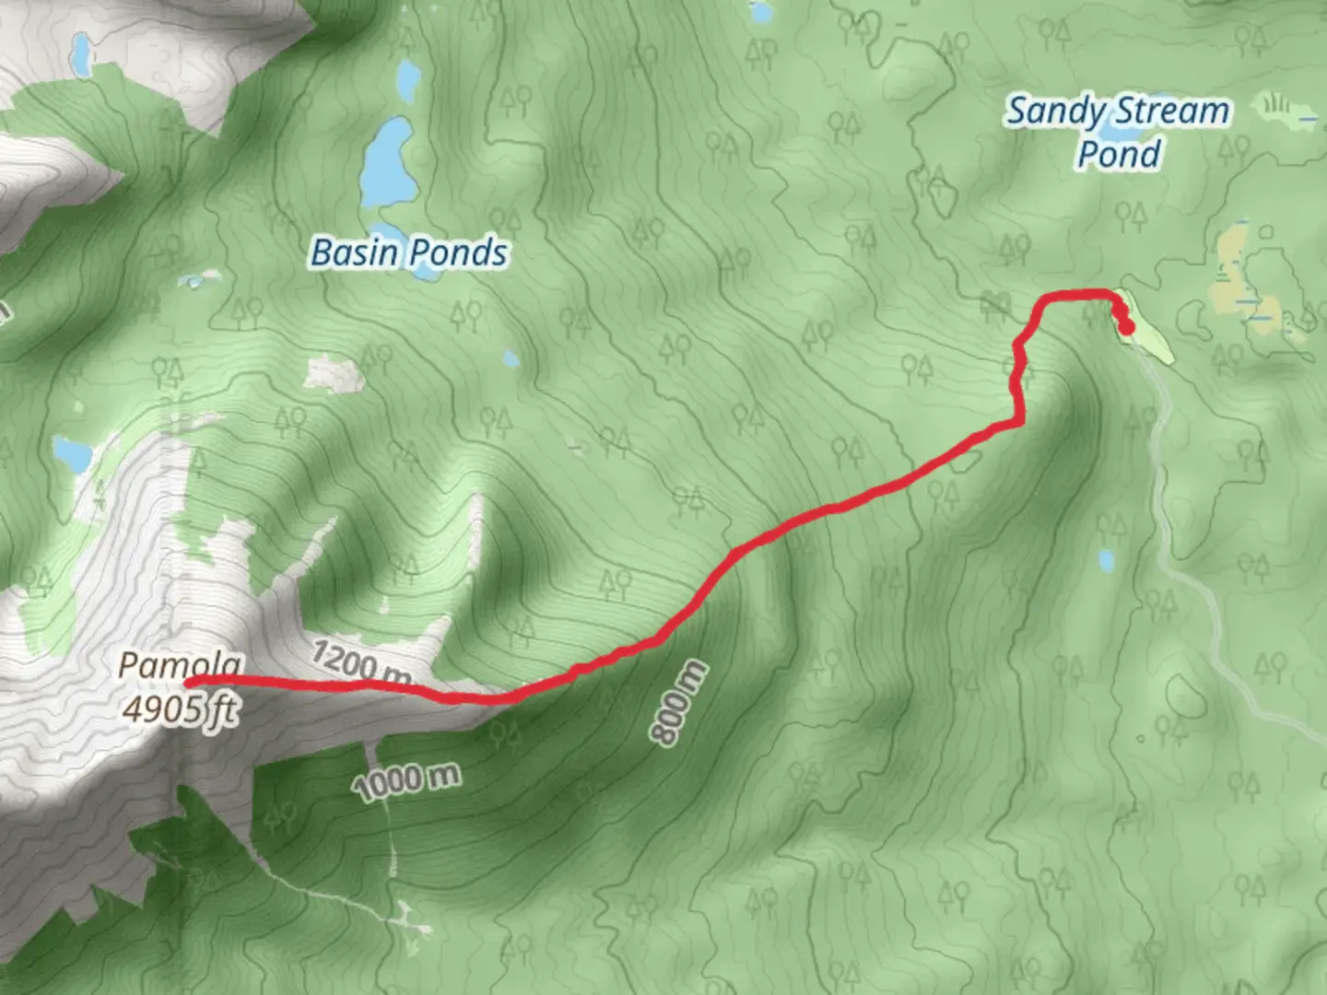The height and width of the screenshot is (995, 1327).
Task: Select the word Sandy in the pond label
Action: (1055, 111)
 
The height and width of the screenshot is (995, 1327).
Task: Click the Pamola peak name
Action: (181, 664)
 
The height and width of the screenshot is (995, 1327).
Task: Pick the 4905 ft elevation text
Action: (181, 709)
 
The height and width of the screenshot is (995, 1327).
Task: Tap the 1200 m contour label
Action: (359, 663)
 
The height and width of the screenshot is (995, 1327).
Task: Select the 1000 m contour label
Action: (405, 781)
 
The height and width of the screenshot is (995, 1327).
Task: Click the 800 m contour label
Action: (679, 703)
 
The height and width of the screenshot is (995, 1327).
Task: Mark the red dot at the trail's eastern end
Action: (1126, 326)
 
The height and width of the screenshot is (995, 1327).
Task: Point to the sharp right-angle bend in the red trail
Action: (1019, 423)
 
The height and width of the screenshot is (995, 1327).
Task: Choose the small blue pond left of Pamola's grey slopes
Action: (71, 452)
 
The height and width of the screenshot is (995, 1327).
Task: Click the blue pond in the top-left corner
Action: (81, 55)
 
